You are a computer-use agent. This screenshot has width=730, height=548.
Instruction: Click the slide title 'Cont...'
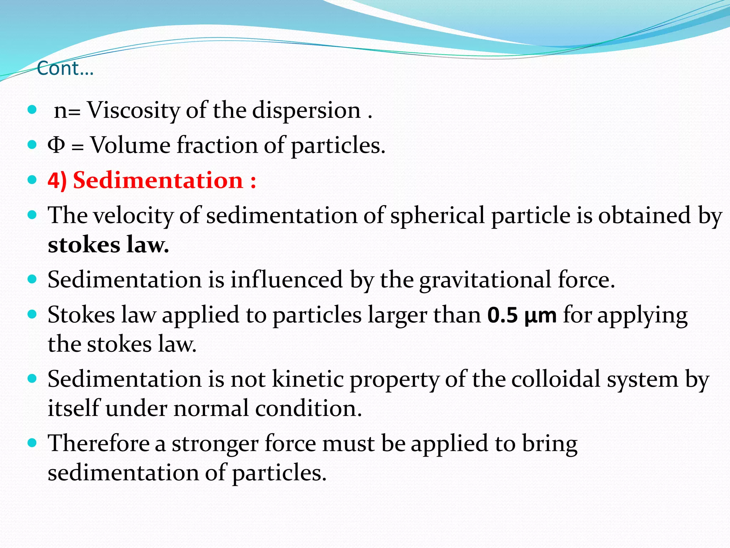(x=65, y=68)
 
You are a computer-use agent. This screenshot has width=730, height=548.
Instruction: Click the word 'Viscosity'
(x=134, y=110)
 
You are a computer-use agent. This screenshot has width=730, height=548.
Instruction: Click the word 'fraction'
(x=217, y=145)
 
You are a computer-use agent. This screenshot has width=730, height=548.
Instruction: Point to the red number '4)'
(x=57, y=180)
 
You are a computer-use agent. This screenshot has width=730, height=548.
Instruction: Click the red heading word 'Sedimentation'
(x=158, y=180)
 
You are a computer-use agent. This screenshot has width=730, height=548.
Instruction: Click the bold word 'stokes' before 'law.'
(x=84, y=245)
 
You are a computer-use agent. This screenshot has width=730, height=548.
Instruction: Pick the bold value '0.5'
(x=503, y=315)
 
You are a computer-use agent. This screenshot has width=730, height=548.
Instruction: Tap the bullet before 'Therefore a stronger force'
(x=32, y=443)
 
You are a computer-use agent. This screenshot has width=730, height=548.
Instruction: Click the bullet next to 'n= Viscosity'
(x=32, y=110)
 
